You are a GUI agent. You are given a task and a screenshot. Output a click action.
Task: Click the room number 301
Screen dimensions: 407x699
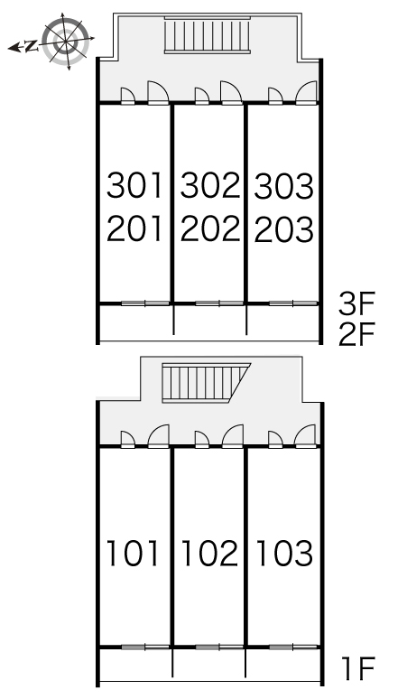tap(135, 186)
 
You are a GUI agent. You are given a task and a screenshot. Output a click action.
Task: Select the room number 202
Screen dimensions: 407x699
tap(209, 229)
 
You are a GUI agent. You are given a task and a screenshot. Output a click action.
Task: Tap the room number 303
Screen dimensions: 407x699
tap(284, 186)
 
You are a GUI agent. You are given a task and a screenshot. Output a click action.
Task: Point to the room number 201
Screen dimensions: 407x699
tap(135, 229)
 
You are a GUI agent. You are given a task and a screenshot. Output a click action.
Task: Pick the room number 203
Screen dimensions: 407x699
tap(284, 229)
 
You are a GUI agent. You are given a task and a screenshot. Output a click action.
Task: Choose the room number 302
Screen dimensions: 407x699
tap(209, 186)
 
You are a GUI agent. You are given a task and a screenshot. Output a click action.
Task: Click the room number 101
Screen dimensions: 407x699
tap(134, 554)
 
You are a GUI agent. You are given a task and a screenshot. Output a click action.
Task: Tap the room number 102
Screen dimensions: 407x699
tap(209, 554)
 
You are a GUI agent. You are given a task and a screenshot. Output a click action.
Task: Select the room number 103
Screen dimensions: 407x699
tap(284, 554)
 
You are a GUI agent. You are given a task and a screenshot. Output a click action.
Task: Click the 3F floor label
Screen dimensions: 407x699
tap(357, 303)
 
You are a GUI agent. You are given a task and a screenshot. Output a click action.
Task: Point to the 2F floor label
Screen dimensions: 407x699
tap(357, 335)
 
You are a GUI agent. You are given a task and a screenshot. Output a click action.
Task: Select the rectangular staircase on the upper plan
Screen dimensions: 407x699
tap(207, 35)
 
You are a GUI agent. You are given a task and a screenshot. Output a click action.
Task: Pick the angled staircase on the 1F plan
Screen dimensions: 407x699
tap(205, 383)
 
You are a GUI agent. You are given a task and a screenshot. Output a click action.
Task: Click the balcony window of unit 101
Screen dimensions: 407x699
tap(145, 647)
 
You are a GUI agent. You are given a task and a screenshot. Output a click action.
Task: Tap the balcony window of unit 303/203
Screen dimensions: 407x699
tap(293, 303)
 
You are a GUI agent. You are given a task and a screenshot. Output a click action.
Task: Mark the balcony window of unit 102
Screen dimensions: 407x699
tap(219, 647)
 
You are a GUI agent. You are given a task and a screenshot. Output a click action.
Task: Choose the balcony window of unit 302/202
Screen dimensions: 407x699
tap(219, 303)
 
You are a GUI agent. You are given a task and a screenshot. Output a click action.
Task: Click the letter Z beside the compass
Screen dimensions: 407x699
tap(31, 46)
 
